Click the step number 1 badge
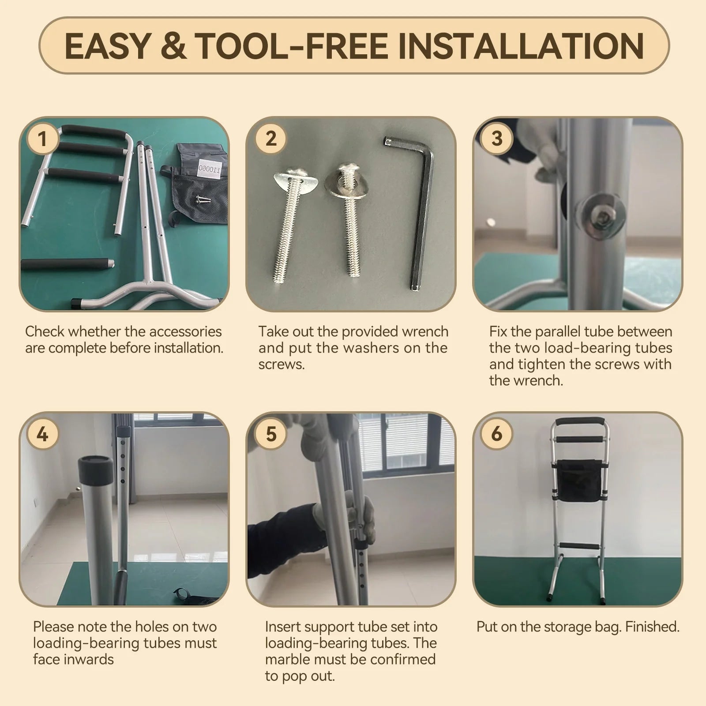pos(42,139)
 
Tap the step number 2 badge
pos(270,139)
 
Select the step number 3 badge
pos(497,139)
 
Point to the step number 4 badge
pos(42,434)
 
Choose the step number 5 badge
pos(270,434)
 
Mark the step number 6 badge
pos(497,434)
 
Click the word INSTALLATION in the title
pos(521,46)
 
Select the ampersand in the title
pos(173,46)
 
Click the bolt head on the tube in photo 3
pos(601,216)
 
